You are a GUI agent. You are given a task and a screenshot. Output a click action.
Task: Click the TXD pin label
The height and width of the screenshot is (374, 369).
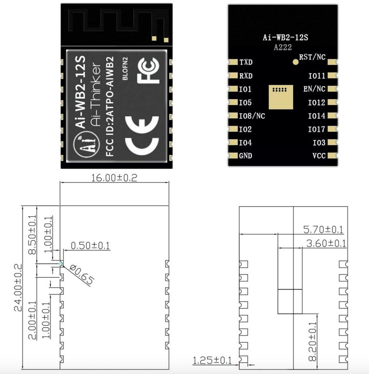(246, 62)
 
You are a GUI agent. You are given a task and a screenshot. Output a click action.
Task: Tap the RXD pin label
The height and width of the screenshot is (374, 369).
(246, 76)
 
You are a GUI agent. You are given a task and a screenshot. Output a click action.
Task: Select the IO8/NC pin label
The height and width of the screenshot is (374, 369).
(252, 116)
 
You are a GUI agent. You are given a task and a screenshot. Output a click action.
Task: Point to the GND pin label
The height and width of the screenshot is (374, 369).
(245, 156)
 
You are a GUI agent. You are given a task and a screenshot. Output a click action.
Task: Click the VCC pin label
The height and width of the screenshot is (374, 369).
(319, 156)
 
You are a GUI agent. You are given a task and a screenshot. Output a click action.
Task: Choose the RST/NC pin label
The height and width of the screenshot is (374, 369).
(312, 57)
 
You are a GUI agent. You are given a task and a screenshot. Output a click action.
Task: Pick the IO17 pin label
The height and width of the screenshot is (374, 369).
(316, 129)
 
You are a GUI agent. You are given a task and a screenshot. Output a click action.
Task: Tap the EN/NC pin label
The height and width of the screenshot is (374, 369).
(314, 89)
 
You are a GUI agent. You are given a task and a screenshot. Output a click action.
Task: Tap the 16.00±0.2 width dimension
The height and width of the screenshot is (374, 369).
(114, 178)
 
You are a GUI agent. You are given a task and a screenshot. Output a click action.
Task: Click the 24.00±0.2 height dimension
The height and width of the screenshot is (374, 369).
(18, 287)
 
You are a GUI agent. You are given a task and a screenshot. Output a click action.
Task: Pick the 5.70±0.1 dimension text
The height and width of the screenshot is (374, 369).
(323, 230)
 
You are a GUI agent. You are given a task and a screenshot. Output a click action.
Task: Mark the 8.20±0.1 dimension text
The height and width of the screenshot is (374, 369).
(312, 341)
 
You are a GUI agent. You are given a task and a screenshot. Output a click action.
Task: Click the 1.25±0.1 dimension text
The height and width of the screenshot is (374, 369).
(212, 361)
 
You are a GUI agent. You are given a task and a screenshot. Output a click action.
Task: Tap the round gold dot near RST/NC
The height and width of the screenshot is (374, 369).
(296, 62)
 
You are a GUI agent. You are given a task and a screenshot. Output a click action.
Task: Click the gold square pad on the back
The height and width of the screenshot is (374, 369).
(281, 97)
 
